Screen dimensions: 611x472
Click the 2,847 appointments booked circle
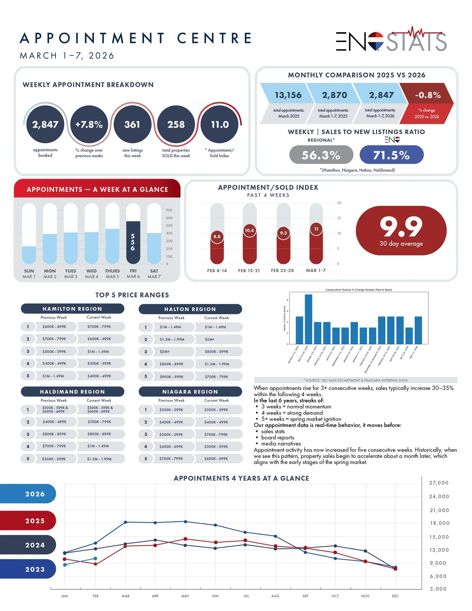45,124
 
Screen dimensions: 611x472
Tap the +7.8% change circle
89,124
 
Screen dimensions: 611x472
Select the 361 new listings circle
132,124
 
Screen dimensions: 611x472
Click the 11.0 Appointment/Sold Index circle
219,124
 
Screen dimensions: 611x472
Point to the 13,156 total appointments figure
288,95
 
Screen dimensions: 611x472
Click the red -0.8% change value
428,95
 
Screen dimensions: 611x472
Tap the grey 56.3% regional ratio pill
321,155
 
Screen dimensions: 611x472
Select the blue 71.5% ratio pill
391,155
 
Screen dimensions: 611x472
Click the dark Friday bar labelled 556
133,242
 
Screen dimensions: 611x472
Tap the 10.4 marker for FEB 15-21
249,231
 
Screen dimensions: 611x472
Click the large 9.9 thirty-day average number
401,227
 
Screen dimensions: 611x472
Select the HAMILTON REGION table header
72,309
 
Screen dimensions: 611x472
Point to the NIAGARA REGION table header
190,392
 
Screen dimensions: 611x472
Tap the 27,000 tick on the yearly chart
439,483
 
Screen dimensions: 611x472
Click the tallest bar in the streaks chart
308,319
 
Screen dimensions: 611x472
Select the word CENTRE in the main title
214,38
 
